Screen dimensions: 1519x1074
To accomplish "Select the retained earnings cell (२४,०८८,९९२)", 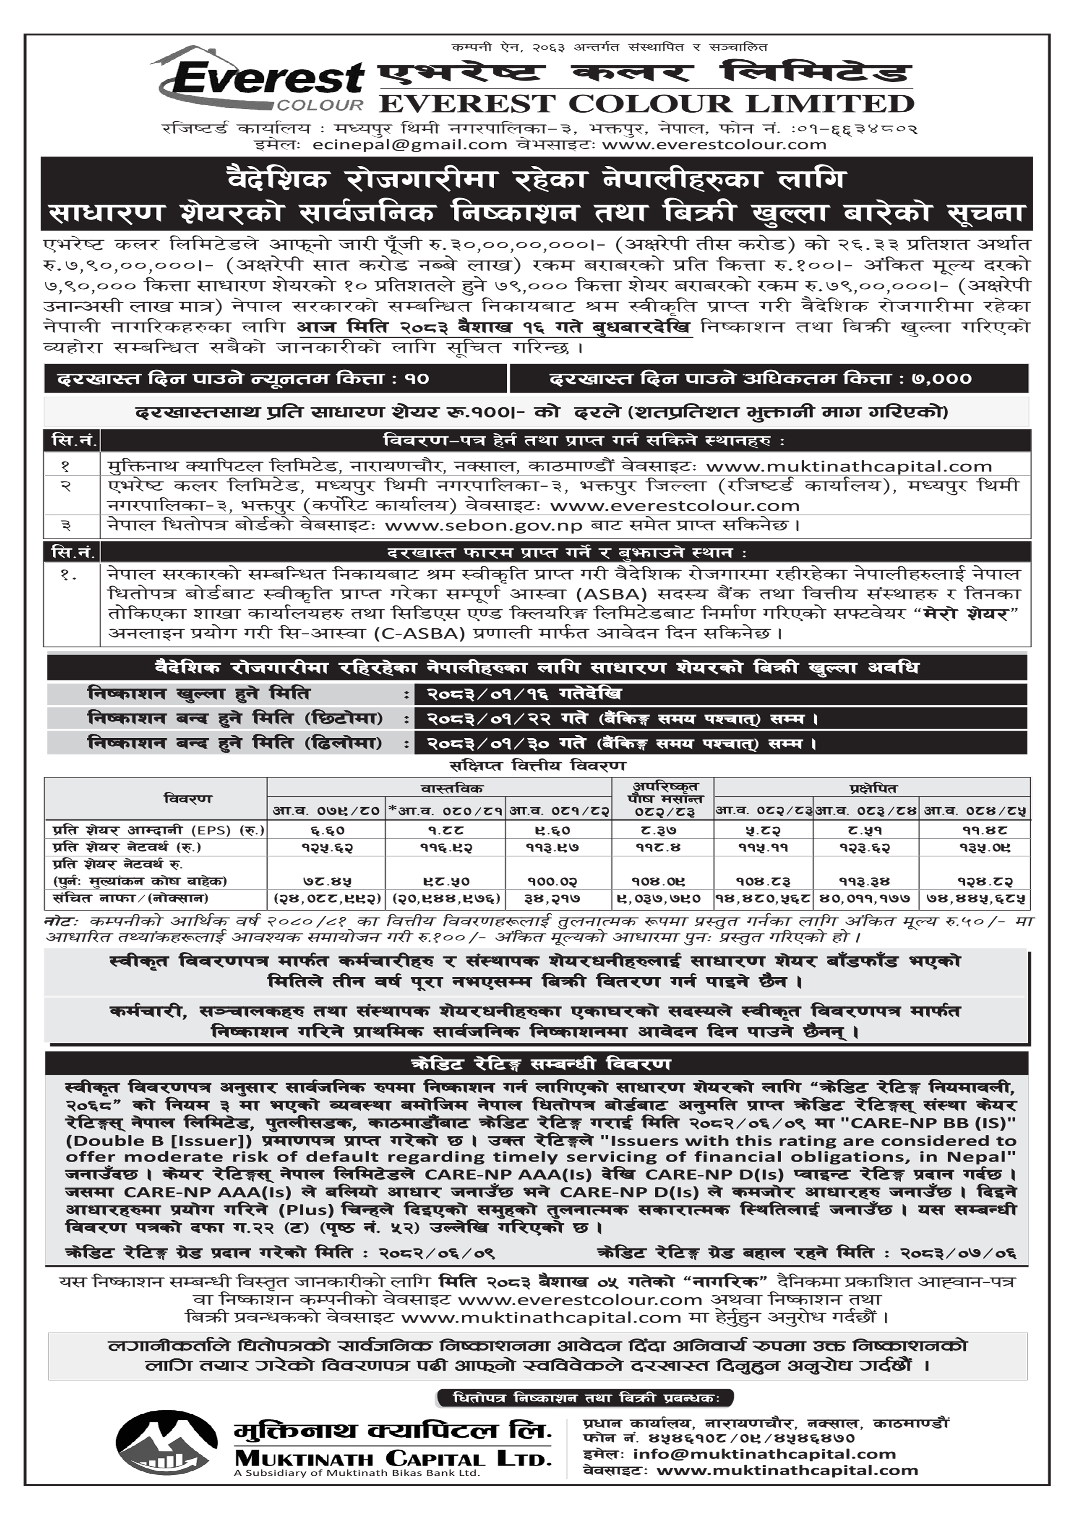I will [326, 899].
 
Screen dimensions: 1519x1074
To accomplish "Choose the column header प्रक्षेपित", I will [873, 788].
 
